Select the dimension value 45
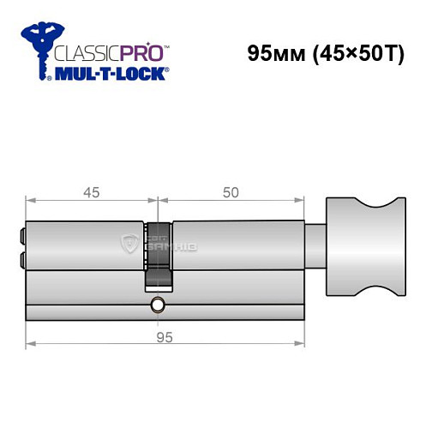(91, 192)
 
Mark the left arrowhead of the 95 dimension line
(30, 345)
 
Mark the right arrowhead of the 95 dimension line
(302, 345)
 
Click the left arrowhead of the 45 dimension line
(30, 202)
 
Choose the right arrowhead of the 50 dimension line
(302, 202)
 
